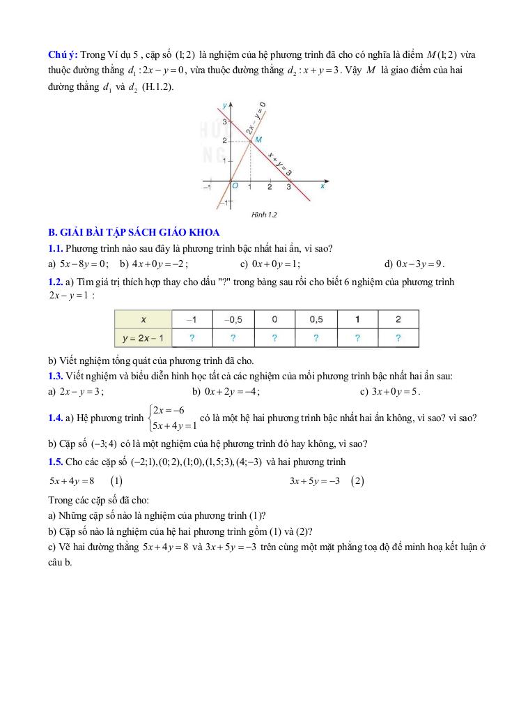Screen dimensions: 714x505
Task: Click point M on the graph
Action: tap(251, 142)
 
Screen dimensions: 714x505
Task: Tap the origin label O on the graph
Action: tap(235, 186)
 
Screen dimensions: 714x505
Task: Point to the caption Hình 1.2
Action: tap(264, 215)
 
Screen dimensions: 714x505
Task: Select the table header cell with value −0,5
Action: tap(233, 319)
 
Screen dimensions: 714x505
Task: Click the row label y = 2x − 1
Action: tap(143, 338)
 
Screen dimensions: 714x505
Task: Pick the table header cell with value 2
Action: tap(398, 319)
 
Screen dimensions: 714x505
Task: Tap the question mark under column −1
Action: tap(192, 338)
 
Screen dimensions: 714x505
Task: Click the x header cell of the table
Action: tap(143, 319)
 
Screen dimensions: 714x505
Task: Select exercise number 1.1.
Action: tap(56, 248)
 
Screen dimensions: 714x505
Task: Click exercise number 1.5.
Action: tap(56, 462)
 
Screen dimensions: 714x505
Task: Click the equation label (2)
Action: tap(358, 481)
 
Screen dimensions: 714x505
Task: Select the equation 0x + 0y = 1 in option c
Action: tap(275, 264)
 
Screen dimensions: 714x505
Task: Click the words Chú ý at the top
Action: tap(63, 55)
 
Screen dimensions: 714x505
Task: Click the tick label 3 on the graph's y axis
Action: tap(224, 123)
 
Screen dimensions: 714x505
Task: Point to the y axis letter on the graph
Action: tap(224, 105)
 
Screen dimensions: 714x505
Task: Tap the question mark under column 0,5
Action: tap(316, 338)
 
